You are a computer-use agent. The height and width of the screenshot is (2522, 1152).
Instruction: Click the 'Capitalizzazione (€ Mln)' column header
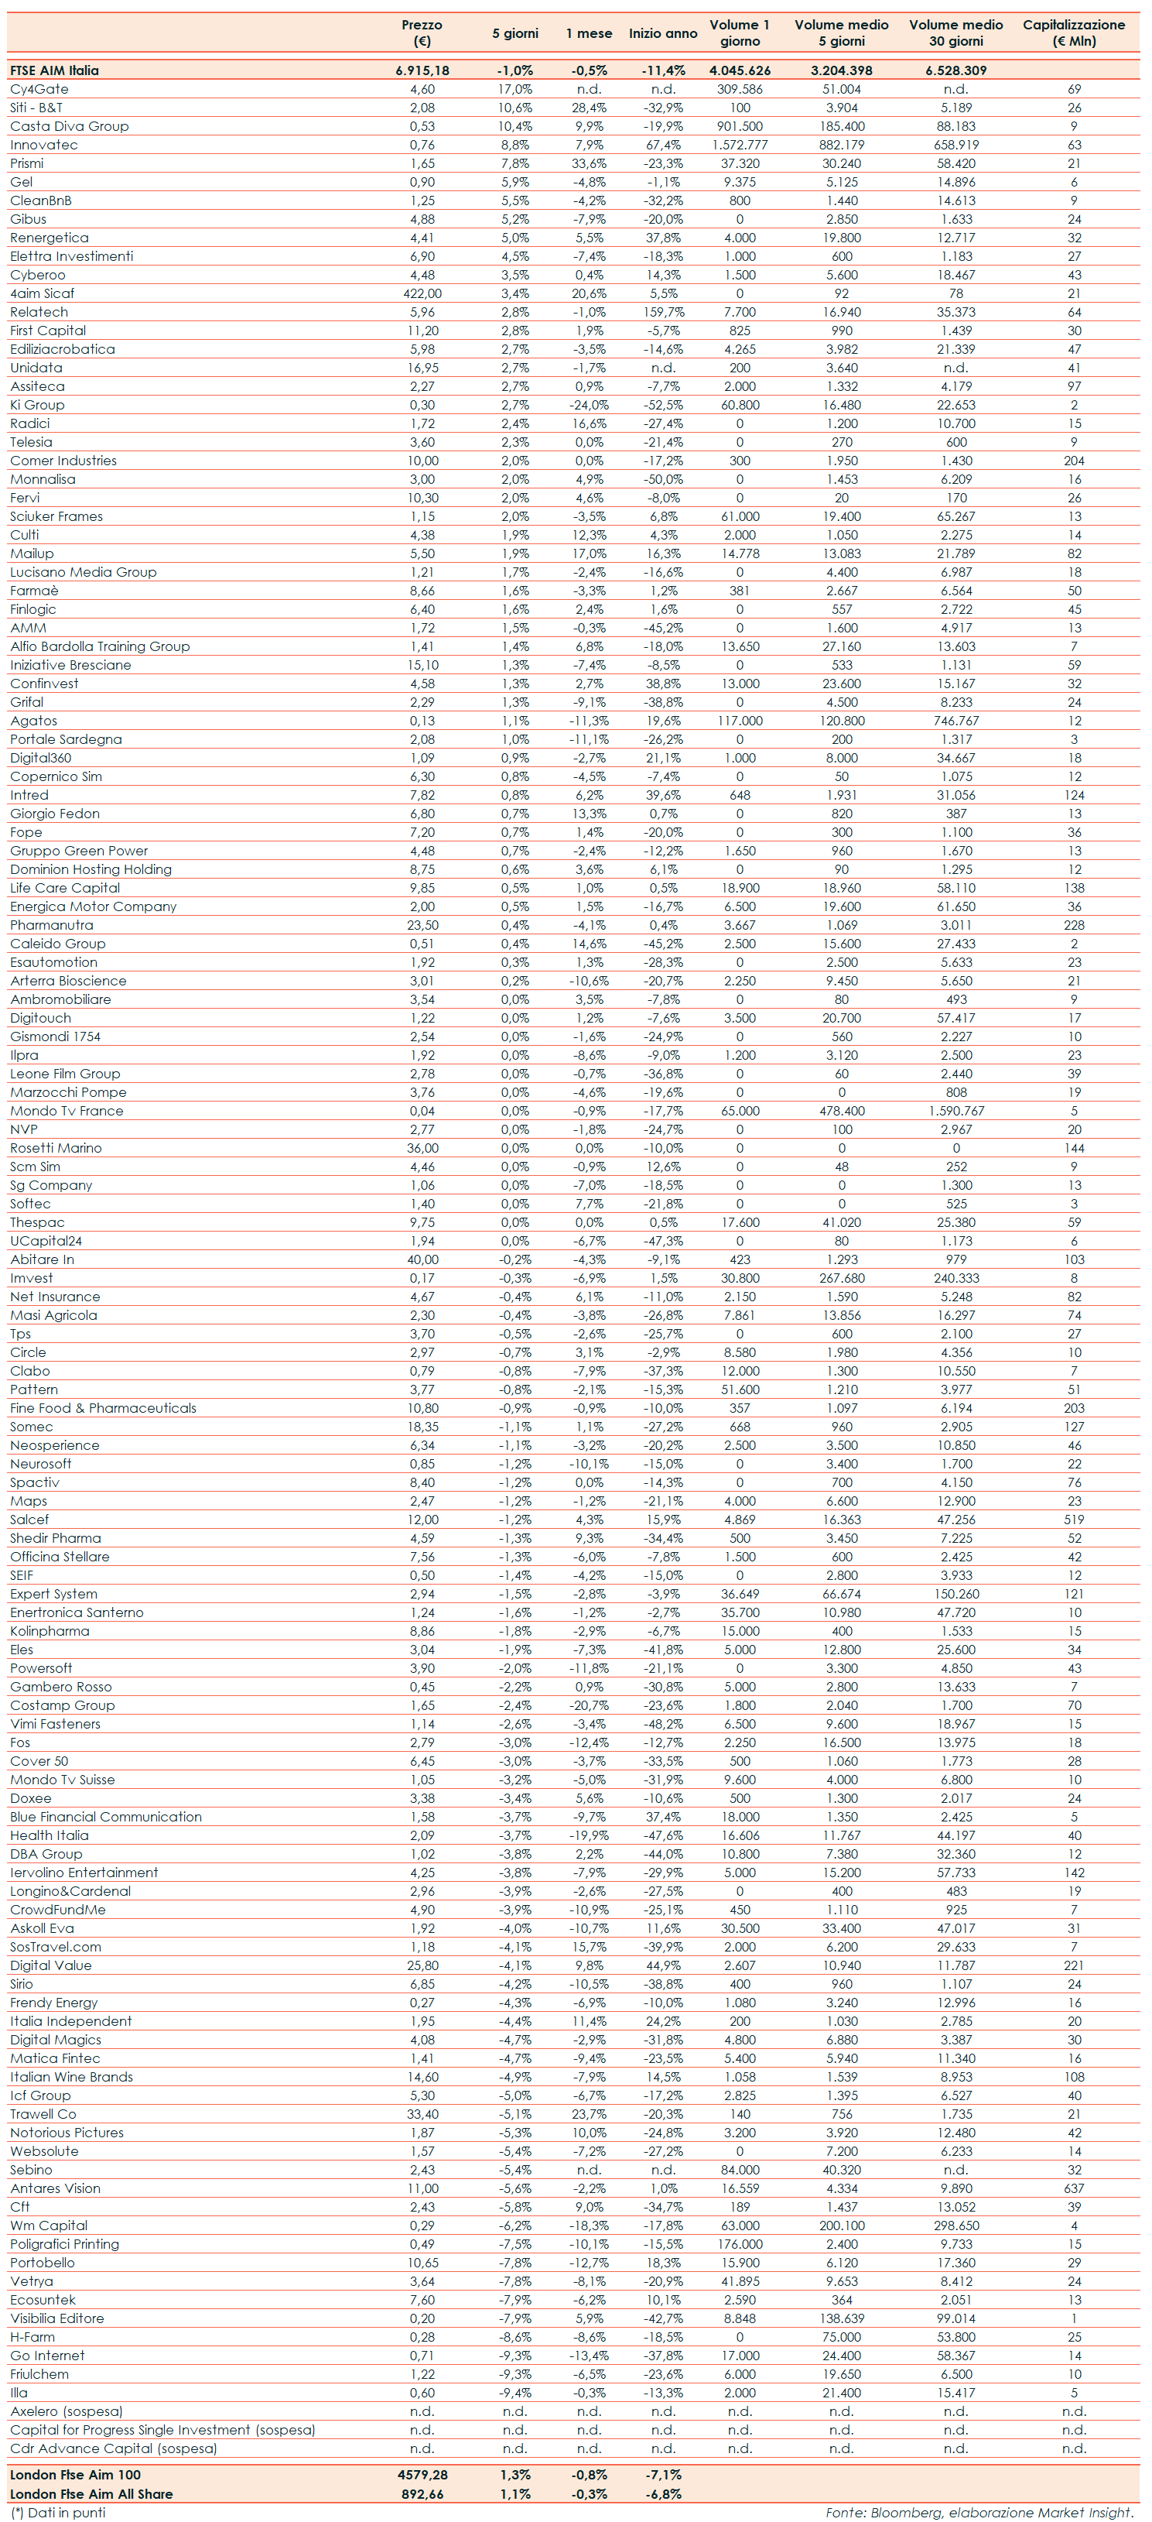point(1074,33)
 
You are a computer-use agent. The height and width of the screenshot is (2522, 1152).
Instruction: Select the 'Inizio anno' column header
point(662,33)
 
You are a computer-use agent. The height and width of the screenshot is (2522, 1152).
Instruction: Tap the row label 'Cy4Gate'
point(39,89)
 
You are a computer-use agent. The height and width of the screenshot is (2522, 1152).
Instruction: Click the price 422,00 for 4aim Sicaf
point(422,293)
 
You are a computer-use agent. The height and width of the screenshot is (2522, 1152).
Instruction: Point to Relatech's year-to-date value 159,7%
point(662,312)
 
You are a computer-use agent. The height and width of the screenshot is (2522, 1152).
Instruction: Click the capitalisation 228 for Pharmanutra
point(1074,925)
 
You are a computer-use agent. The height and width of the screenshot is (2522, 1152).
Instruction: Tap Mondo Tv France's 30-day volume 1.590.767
point(956,1111)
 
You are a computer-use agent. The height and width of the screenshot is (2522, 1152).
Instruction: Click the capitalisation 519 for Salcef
point(1074,1520)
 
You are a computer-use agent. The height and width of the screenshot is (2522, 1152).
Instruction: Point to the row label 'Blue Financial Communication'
point(106,1817)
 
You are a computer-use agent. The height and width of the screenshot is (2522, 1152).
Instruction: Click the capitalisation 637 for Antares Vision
point(1074,2189)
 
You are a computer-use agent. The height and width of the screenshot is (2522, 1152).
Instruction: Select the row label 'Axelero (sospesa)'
point(67,2411)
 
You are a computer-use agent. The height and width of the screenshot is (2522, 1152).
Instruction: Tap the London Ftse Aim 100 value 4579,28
point(422,2475)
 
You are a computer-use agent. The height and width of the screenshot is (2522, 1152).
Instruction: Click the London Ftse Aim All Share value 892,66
point(422,2493)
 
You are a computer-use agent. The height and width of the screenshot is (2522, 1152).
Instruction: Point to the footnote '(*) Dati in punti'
point(58,2512)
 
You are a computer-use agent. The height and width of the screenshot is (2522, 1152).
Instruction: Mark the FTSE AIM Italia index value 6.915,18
point(422,70)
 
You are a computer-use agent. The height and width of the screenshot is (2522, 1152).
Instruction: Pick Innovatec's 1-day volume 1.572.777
point(739,145)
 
